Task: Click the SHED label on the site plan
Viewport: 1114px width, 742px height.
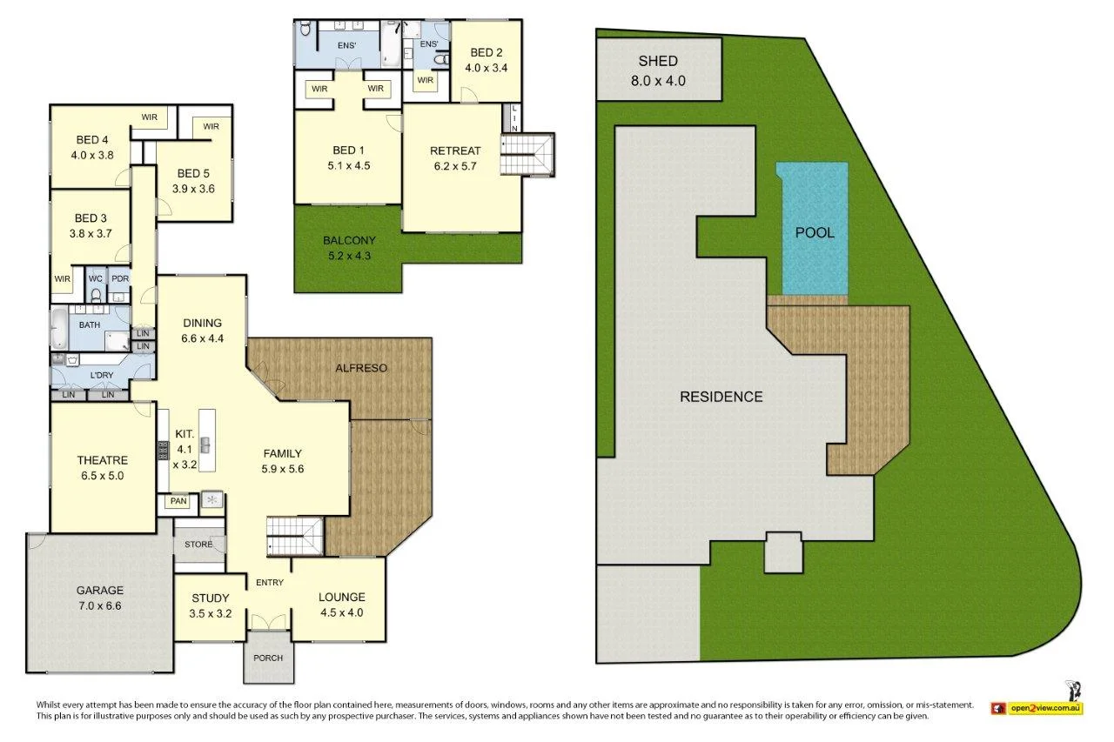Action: [x=658, y=61]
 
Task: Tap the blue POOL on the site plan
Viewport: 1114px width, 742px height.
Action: [x=815, y=232]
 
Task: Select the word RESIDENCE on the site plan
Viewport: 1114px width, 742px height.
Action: [x=721, y=397]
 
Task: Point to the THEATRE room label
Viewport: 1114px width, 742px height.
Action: [x=102, y=468]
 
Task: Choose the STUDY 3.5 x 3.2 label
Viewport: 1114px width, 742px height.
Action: [x=210, y=605]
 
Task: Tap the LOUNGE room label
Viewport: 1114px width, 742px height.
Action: [x=341, y=604]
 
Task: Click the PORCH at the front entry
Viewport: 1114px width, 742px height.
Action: [x=268, y=658]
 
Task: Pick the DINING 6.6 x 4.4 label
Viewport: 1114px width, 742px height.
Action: [x=202, y=331]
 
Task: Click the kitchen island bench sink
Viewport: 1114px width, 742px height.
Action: [x=205, y=445]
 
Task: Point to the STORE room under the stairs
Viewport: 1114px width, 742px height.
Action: [x=198, y=545]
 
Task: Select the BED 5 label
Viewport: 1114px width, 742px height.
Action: [x=195, y=180]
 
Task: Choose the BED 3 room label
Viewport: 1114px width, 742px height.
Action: [x=91, y=226]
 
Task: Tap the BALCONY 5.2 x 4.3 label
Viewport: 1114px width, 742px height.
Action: [x=348, y=248]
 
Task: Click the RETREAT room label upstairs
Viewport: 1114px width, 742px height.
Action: [x=454, y=158]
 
